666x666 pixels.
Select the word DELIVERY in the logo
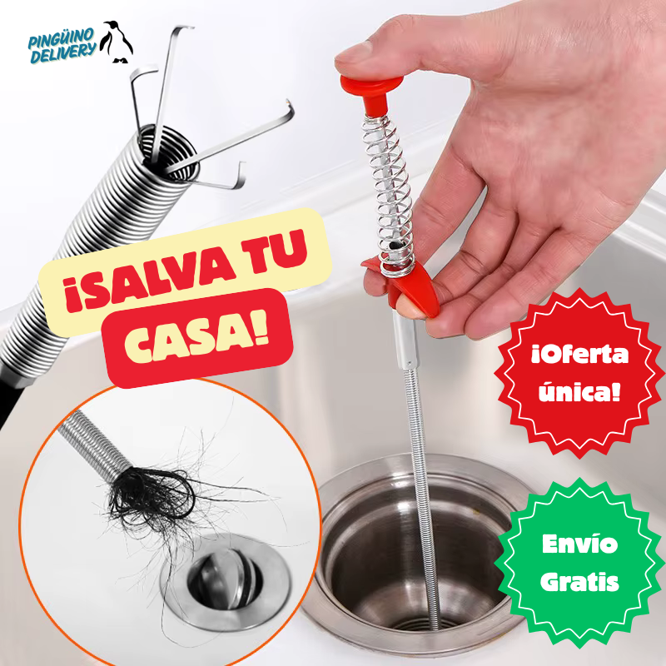click(63, 56)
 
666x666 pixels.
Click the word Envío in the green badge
click(579, 545)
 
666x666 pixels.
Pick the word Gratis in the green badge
click(579, 581)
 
